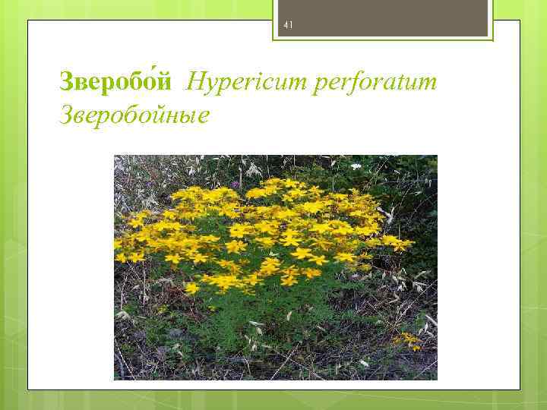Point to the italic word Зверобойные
(133, 116)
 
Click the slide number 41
(288, 25)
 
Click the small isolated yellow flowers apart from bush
(409, 339)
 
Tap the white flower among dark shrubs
(356, 166)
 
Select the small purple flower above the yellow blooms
(237, 183)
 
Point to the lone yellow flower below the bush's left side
(191, 289)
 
